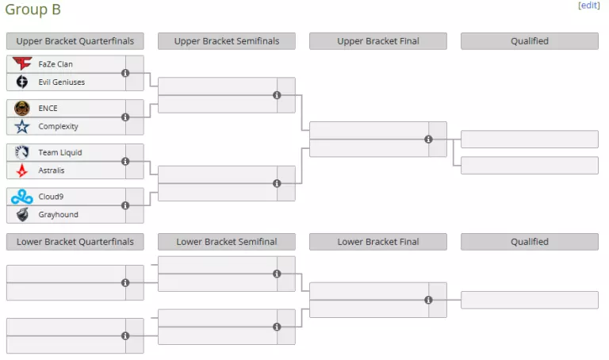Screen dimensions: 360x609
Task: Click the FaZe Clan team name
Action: click(x=56, y=63)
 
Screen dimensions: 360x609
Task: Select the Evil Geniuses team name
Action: click(x=61, y=82)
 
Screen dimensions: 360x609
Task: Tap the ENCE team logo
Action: click(x=22, y=108)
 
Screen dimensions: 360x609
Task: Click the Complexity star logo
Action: click(x=22, y=126)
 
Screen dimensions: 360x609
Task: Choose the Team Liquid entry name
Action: click(x=59, y=152)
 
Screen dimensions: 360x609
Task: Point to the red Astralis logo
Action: click(x=22, y=170)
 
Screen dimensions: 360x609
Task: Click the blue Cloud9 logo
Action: click(x=22, y=197)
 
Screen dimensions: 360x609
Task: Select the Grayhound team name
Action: click(x=58, y=215)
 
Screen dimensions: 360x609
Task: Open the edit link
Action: click(x=589, y=6)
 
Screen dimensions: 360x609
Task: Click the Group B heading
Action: click(x=33, y=10)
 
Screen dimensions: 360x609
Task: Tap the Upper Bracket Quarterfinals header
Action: click(x=75, y=41)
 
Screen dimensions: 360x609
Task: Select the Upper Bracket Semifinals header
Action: click(x=227, y=41)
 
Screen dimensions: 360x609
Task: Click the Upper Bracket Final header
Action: click(x=378, y=41)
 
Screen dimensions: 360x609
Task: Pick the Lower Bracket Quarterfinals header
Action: click(x=75, y=242)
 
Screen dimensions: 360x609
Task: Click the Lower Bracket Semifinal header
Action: click(x=227, y=242)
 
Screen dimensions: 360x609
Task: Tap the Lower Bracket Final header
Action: click(x=378, y=242)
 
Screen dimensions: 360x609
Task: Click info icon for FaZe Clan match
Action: click(x=125, y=73)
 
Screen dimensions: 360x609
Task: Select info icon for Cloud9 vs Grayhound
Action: click(x=125, y=205)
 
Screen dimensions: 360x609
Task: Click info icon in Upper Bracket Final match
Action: click(x=428, y=140)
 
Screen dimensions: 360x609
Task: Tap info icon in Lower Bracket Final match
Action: click(x=428, y=301)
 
